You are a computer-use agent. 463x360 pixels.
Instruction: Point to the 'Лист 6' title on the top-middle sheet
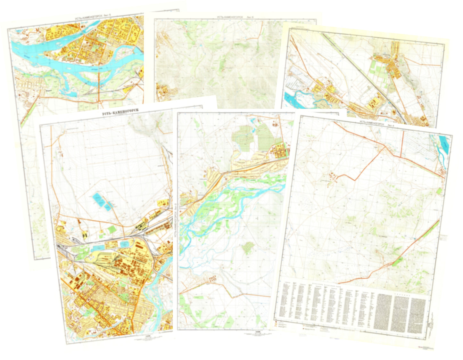point(235,17)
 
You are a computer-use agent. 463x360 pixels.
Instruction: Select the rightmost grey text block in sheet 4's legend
point(418,316)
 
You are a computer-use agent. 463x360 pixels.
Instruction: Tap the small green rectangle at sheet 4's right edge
point(439,191)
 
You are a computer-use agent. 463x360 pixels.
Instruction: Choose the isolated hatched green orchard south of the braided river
point(248,247)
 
